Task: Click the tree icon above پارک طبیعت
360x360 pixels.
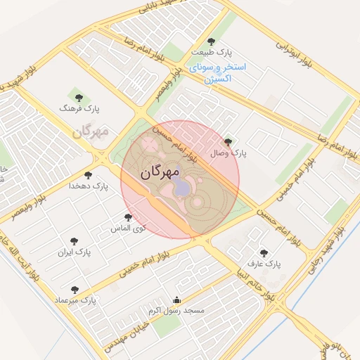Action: [x=212, y=41]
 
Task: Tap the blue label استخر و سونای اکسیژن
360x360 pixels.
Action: [x=217, y=72]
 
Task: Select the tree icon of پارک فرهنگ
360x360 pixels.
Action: [x=77, y=97]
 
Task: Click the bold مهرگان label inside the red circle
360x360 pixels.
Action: [x=160, y=172]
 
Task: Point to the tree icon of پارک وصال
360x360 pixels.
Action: [x=227, y=143]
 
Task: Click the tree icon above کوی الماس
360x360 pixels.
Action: [x=128, y=218]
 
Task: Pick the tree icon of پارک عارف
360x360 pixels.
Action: [x=264, y=253]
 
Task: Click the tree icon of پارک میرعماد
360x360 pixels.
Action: [x=75, y=289]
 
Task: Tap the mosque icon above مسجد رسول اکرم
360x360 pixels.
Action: [x=176, y=300]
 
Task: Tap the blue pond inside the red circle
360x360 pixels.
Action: [x=181, y=187]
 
